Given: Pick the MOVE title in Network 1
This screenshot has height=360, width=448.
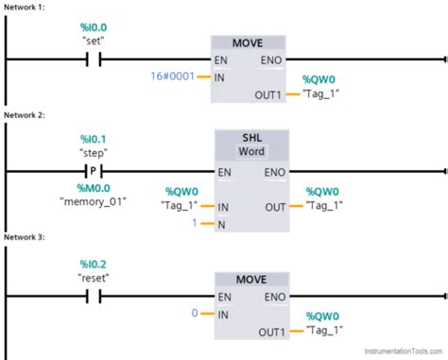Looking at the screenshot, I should pos(250,43).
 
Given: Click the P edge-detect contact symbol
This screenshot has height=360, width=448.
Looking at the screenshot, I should pos(93,172).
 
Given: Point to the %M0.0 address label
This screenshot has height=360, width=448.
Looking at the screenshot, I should pos(93,187).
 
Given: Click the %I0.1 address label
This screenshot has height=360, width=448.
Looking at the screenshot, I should pos(93,137).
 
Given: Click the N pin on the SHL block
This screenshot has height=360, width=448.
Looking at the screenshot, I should pos(222,223).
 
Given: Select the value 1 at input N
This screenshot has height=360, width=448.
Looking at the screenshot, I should pos(195,223).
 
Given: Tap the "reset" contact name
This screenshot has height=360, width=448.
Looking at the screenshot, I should pos(93,282).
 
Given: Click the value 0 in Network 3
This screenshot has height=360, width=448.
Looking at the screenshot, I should pos(195,313).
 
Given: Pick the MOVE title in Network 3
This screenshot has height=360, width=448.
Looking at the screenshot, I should pos(250,281).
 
